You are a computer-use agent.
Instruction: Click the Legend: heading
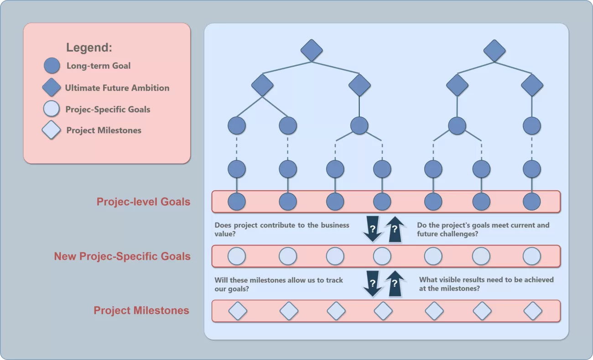coord(89,47)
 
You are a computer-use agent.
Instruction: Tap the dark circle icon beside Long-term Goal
coord(52,66)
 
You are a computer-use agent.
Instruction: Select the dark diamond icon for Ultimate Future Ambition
coord(52,88)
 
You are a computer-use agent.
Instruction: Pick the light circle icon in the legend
coord(52,109)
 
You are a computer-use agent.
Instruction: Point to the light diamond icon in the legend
coord(51,130)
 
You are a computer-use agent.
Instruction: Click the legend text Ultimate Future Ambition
coord(117,88)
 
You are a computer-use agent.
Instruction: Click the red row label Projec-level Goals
coord(143,202)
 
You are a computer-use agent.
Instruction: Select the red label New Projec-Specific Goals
coord(122,256)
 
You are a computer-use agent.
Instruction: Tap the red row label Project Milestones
coord(141,311)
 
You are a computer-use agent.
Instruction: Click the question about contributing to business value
coord(282,230)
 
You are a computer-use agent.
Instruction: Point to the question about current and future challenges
coord(483,230)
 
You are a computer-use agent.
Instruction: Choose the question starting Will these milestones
coord(279,284)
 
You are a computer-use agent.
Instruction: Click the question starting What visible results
coord(486,284)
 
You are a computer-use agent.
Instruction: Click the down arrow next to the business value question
coord(373,229)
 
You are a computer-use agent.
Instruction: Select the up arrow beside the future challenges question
coord(395,229)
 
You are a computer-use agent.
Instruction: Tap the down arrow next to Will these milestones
coord(373,283)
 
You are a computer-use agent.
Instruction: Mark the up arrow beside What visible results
coord(395,283)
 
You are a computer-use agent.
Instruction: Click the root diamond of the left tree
coord(312,50)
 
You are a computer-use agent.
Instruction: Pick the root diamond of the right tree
coord(494,50)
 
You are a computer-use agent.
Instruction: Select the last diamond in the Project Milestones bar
coord(532,311)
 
